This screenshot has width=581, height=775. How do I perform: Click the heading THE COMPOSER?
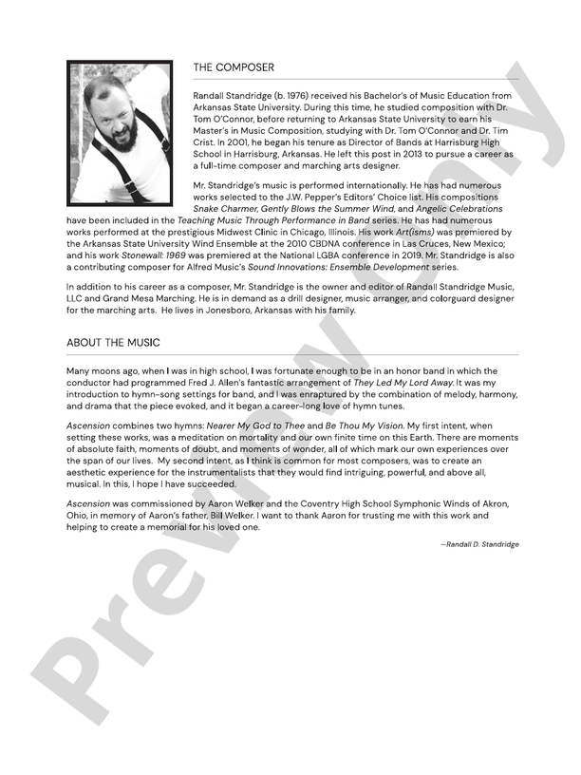click(234, 68)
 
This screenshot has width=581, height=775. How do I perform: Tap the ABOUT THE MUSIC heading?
click(113, 342)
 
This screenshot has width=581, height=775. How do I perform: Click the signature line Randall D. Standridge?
click(479, 544)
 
